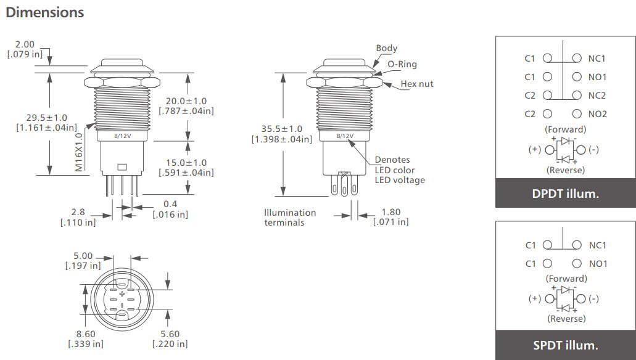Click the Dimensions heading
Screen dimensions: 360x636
[44, 12]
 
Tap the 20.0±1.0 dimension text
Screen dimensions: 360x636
[186, 101]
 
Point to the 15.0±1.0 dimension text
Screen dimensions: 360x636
[186, 163]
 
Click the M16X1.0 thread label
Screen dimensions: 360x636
[79, 151]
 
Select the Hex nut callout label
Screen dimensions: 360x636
[416, 84]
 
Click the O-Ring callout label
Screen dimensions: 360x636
[402, 64]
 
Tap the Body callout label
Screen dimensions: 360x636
[386, 48]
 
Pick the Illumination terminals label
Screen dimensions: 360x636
[290, 217]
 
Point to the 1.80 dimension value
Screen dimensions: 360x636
[390, 211]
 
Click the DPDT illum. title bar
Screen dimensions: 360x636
[565, 194]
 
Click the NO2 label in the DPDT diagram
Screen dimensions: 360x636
[597, 114]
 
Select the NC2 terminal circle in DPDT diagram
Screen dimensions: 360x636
[577, 96]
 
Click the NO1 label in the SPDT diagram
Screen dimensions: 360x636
[597, 264]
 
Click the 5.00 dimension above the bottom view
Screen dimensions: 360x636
[83, 255]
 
